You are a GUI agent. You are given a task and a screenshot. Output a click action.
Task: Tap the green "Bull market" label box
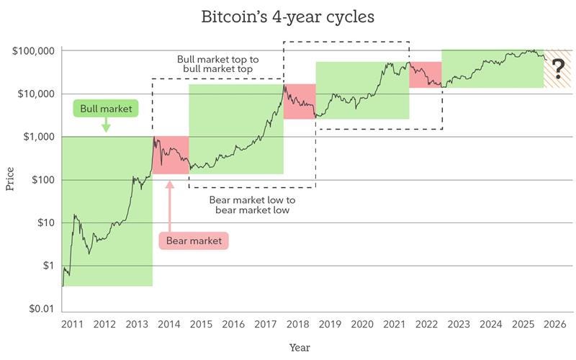pos(106,109)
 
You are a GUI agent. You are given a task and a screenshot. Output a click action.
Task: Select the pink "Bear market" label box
pos(193,240)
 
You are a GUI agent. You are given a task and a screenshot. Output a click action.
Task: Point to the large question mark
pos(557,70)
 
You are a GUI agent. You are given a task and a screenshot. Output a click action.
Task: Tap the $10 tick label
pos(45,223)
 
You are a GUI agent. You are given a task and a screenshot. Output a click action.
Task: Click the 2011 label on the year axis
pos(72,324)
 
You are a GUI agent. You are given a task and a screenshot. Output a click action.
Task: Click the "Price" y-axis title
pos(10,178)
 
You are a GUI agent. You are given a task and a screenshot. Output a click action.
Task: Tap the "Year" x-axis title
pos(300,347)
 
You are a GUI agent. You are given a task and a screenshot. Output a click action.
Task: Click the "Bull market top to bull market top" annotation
pos(219,63)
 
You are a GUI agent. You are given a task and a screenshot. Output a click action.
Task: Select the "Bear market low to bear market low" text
pos(252,204)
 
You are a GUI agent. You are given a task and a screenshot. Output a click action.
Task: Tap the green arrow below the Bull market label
pos(106,127)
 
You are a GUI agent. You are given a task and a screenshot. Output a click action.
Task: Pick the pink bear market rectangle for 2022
pos(425,75)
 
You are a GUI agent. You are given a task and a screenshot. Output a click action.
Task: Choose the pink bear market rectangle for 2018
pos(300,102)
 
